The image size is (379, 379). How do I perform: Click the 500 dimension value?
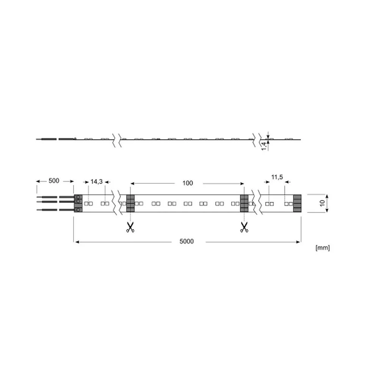(x=54, y=181)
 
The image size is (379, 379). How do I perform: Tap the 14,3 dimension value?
(x=96, y=182)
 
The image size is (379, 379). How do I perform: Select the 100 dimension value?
(x=188, y=183)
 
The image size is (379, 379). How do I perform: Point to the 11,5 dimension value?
(x=277, y=177)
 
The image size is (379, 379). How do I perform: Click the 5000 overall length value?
(x=186, y=241)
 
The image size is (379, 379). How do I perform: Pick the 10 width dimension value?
(x=323, y=203)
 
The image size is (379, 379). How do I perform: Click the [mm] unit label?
(x=323, y=248)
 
